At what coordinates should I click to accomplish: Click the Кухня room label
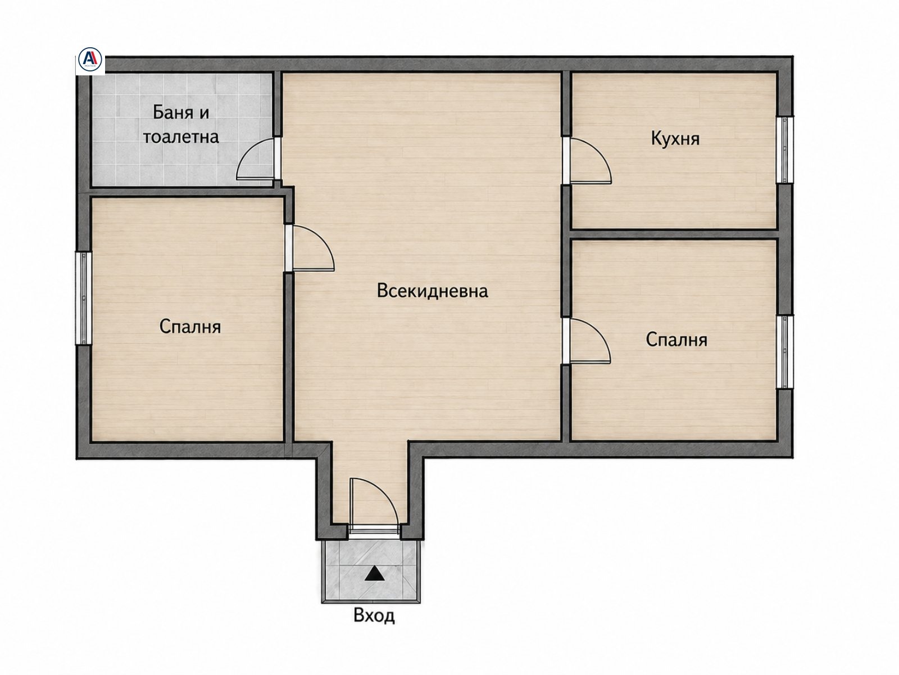coord(675,138)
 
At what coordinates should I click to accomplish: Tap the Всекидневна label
coord(432,291)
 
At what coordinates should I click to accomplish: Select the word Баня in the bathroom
coord(170,112)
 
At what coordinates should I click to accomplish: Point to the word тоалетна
coord(180,137)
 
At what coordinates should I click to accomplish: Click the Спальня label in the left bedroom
coord(190,327)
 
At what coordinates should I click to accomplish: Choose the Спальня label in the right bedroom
coord(676,340)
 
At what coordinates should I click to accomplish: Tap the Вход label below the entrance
coord(374,615)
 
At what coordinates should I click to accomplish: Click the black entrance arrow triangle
coord(374,573)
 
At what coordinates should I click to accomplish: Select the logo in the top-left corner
coord(90,60)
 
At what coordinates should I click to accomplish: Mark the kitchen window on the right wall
coord(785,149)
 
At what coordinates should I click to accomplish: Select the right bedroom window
coord(785,351)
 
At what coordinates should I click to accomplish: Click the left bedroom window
coord(83,298)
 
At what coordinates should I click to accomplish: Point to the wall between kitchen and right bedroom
coord(675,234)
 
